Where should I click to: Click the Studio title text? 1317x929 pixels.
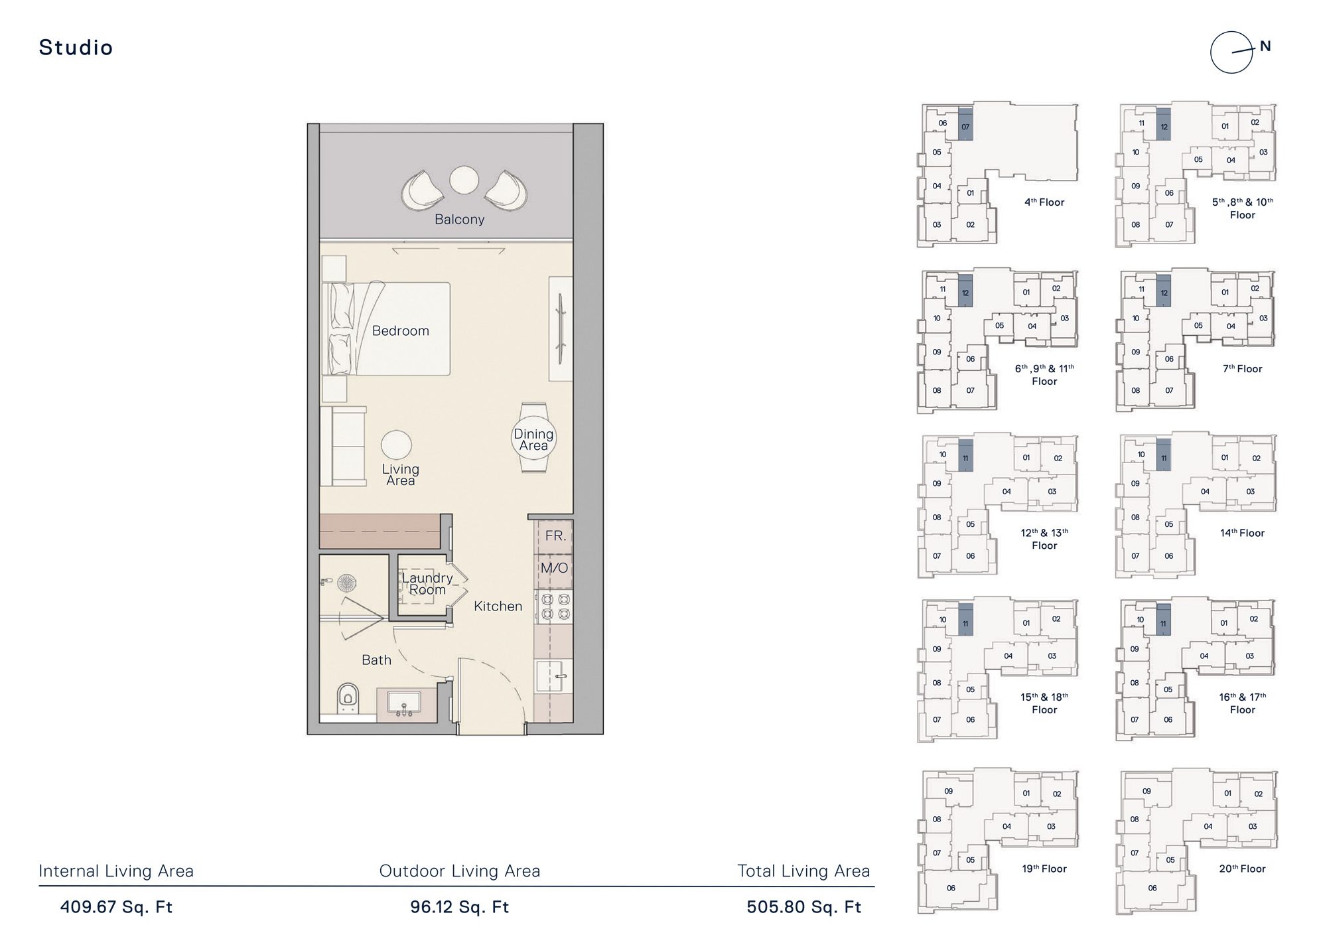76,48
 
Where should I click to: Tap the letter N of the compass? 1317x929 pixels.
1265,46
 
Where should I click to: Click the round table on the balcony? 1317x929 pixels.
464,179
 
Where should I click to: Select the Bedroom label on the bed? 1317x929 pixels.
400,330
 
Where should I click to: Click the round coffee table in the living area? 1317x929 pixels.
396,445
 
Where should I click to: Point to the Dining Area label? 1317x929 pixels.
533,440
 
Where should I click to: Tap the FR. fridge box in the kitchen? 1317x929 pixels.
555,536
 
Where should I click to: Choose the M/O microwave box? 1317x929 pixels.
554,568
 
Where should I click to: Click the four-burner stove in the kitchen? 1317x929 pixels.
555,607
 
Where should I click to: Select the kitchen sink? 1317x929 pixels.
554,676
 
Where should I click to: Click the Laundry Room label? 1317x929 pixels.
427,583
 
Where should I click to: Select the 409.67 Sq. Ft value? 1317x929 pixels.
116,907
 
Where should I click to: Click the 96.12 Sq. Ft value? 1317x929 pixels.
459,907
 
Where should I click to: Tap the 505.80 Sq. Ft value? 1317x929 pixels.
803,907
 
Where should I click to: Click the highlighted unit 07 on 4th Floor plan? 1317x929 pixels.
965,125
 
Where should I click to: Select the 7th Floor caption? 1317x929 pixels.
1242,369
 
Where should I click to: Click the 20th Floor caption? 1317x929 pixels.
1242,869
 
